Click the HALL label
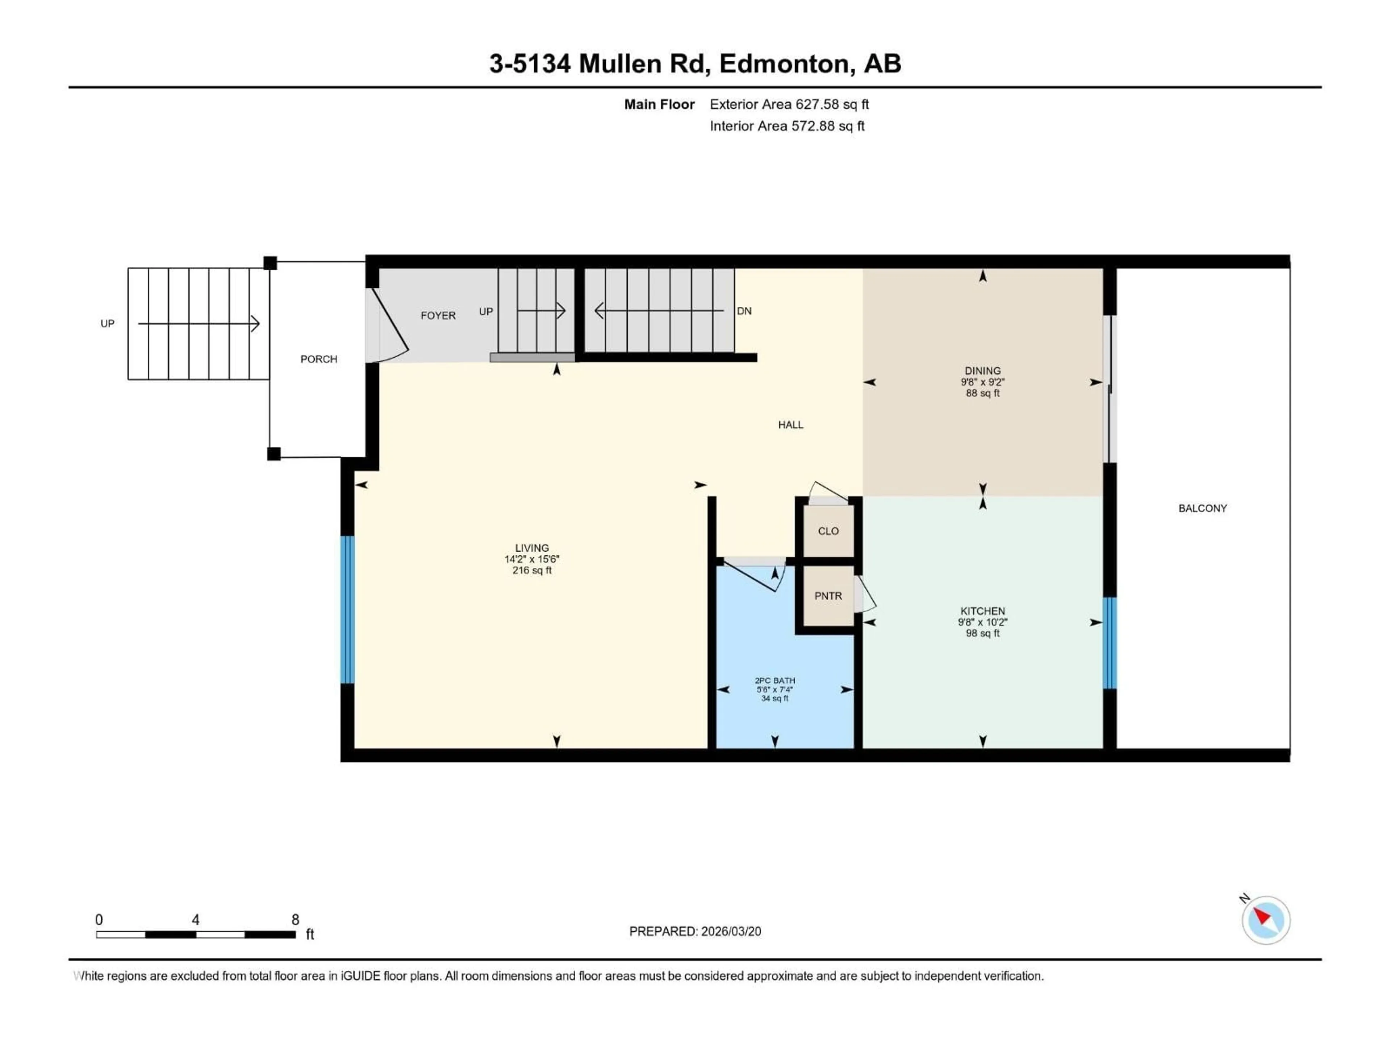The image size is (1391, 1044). coord(790,425)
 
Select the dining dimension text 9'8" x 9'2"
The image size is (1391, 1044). coord(982,382)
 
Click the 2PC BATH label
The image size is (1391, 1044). coord(775,680)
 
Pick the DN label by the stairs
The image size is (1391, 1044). coord(744,311)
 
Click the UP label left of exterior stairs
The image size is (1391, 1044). coord(108,323)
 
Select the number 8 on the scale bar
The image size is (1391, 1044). coord(295,919)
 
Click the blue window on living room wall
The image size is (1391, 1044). coord(347,609)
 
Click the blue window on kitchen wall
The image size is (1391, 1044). coord(1110,642)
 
